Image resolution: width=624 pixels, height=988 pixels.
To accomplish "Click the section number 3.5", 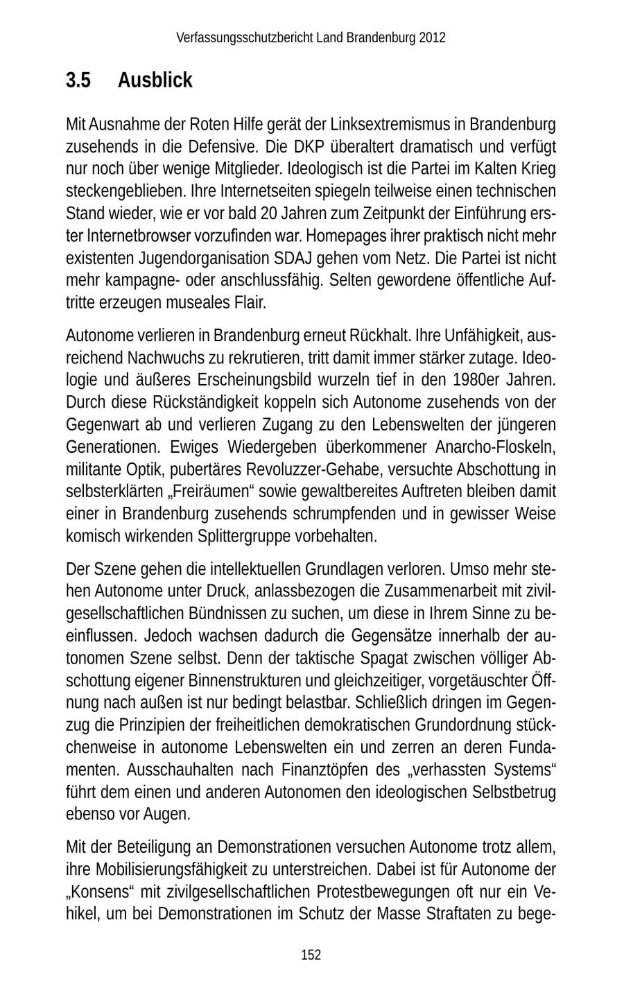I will tap(78, 80).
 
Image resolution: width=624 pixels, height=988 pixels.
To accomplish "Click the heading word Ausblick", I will tap(155, 80).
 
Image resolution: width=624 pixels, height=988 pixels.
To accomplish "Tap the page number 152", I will tap(311, 955).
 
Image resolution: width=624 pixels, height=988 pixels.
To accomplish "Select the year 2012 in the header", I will tap(432, 37).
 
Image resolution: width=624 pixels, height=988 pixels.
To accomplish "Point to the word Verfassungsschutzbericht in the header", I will tap(245, 37).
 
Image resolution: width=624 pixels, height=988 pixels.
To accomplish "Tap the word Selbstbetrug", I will tap(514, 792).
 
